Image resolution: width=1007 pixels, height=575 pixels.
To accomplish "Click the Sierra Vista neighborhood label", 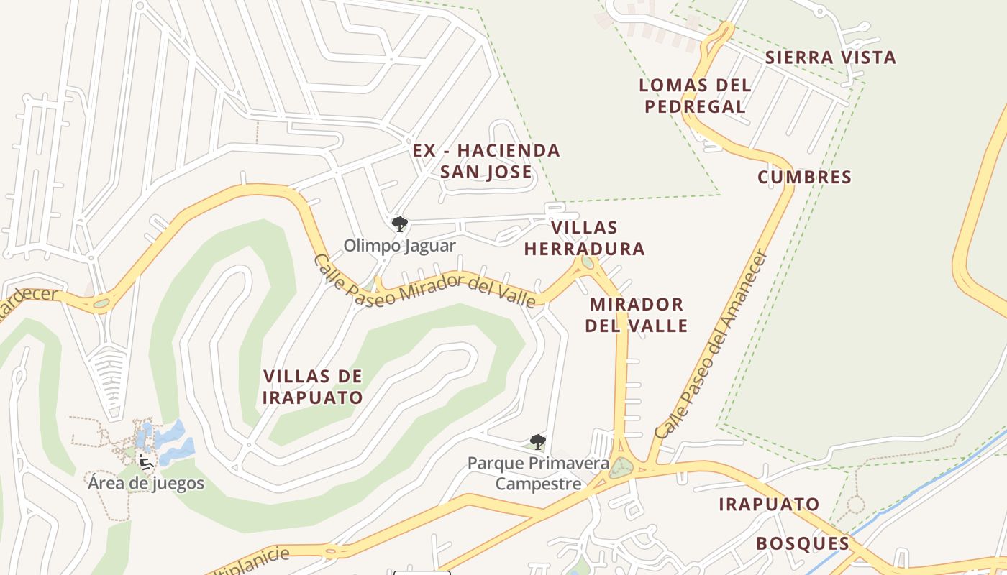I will pyautogui.click(x=830, y=57).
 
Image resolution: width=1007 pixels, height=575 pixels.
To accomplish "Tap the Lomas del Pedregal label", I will pyautogui.click(x=695, y=96).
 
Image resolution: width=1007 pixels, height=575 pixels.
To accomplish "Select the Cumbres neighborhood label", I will pyautogui.click(x=804, y=177).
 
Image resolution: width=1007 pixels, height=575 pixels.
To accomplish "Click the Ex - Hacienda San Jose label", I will pyautogui.click(x=486, y=161).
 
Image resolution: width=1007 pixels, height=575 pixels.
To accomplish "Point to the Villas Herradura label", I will pyautogui.click(x=584, y=238).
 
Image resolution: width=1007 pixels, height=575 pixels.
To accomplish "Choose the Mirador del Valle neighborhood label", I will pyautogui.click(x=636, y=315).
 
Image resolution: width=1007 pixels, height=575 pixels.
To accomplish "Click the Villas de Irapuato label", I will pyautogui.click(x=313, y=387).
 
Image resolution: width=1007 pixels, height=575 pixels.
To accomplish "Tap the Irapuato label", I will pyautogui.click(x=769, y=504).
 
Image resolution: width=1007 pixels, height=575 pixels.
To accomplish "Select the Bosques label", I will pyautogui.click(x=803, y=543).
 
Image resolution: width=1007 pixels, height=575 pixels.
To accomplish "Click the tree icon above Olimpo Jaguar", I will pyautogui.click(x=400, y=224).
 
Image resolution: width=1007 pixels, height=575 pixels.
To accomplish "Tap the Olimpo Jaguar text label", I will pyautogui.click(x=399, y=246).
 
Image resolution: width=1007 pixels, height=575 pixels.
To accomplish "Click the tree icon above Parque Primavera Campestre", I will pyautogui.click(x=537, y=441).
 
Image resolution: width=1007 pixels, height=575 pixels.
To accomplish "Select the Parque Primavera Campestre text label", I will pyautogui.click(x=538, y=473).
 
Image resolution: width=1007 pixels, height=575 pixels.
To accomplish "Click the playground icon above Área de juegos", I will pyautogui.click(x=145, y=461).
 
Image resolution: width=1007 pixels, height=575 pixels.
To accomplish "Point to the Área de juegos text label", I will pyautogui.click(x=146, y=483).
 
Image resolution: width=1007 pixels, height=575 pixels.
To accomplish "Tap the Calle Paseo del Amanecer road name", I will pyautogui.click(x=712, y=345).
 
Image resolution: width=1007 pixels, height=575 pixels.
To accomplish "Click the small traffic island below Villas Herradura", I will pyautogui.click(x=588, y=262).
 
